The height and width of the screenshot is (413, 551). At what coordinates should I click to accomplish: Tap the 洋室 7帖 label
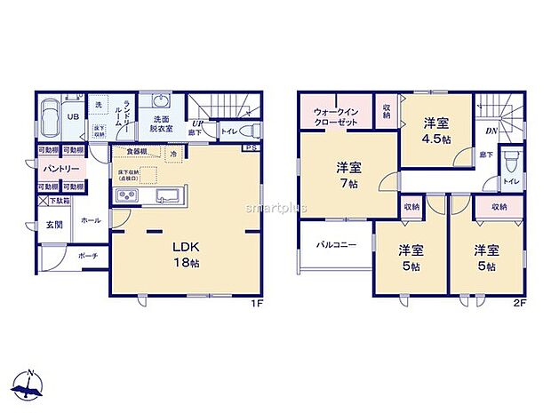pyautogui.click(x=347, y=174)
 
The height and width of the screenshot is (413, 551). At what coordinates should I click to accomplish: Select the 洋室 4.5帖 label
pyautogui.click(x=435, y=132)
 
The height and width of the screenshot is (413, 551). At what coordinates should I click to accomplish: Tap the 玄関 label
pyautogui.click(x=55, y=225)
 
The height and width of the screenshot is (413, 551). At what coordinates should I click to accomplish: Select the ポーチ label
pyautogui.click(x=87, y=257)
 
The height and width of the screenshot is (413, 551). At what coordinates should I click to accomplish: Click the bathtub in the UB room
pyautogui.click(x=52, y=116)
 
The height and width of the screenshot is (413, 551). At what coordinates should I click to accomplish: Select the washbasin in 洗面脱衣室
pyautogui.click(x=160, y=100)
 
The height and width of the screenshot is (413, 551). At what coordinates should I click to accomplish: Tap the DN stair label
pyautogui.click(x=491, y=131)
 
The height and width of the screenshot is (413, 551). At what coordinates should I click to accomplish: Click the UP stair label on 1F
pyautogui.click(x=201, y=124)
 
